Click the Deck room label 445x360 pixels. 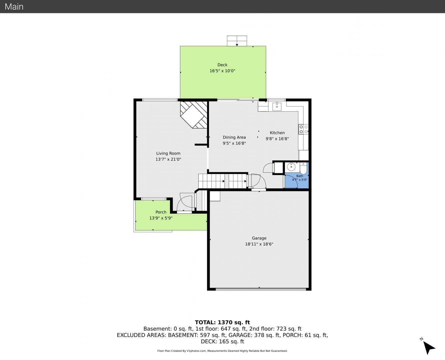point(222,65)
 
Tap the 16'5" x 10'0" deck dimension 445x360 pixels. point(222,71)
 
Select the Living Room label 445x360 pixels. point(168,153)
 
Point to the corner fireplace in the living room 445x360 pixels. point(194,115)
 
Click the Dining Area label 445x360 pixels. point(234,137)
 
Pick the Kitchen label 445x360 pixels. point(277,133)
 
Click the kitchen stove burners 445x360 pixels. point(304,129)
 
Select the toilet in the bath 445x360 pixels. point(303,168)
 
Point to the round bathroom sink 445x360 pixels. point(291,167)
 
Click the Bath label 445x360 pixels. point(300,176)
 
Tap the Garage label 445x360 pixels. point(259,238)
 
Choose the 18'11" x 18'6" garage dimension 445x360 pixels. point(259,244)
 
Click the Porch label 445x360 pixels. point(161,212)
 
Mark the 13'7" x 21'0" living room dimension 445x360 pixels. point(168,159)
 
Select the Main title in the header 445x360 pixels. point(14,7)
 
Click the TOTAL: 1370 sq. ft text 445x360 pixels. point(222,322)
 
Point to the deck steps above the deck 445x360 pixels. point(237,41)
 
